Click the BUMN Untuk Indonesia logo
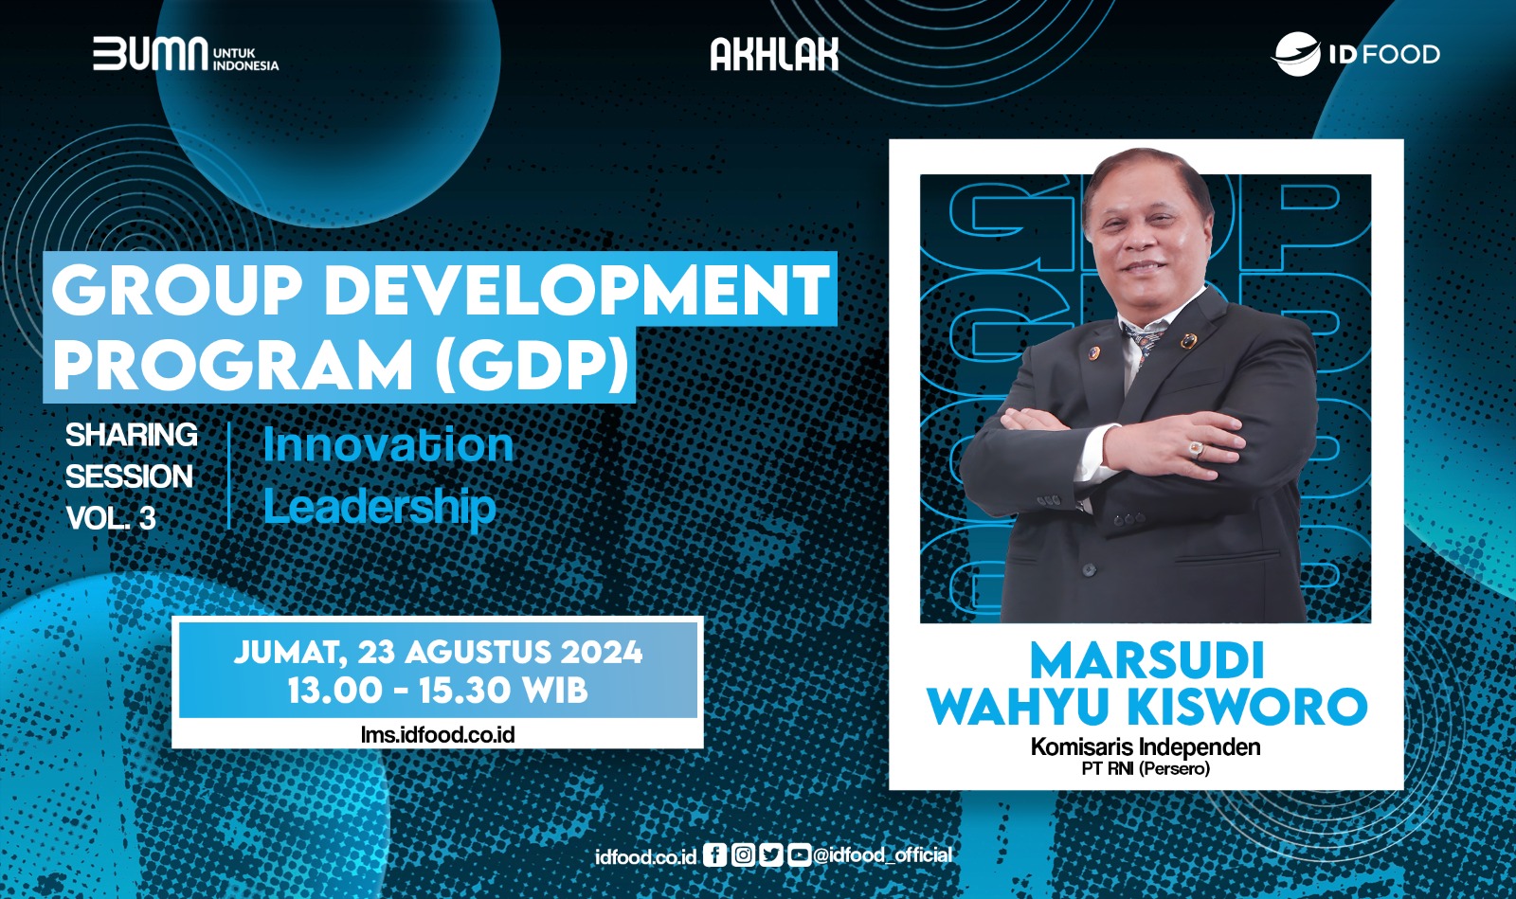(x=186, y=55)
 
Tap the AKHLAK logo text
(x=774, y=55)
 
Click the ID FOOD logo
(x=1355, y=54)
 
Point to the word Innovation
(x=388, y=445)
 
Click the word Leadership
(x=379, y=507)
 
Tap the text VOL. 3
(x=110, y=518)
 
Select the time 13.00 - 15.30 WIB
(x=438, y=691)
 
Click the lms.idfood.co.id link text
(x=438, y=734)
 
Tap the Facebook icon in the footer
(x=715, y=855)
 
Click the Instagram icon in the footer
(x=744, y=855)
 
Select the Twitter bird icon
(x=771, y=855)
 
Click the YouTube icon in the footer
(x=799, y=855)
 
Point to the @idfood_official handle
(x=883, y=855)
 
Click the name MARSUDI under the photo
(x=1146, y=661)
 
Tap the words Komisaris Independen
(x=1146, y=747)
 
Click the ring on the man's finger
(x=1197, y=448)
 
